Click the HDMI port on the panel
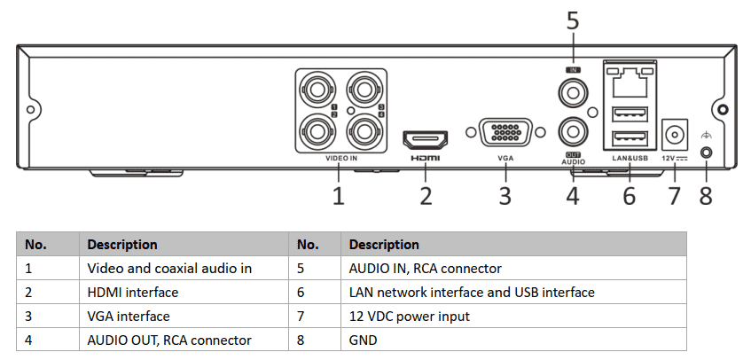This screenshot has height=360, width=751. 426,138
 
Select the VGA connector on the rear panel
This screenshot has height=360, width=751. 505,134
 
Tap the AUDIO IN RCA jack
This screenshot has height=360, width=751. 572,91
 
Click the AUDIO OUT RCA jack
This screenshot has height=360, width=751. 572,131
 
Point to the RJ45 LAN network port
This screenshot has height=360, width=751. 629,82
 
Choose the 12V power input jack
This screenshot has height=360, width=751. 677,135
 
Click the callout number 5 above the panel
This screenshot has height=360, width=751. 573,20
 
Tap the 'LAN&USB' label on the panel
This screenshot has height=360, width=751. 630,159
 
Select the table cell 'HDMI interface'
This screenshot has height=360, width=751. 132,292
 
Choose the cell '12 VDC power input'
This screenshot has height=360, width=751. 409,316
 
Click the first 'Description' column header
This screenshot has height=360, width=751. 122,244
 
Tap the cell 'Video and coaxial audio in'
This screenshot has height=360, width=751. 168,268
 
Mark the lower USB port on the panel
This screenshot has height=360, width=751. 629,137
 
